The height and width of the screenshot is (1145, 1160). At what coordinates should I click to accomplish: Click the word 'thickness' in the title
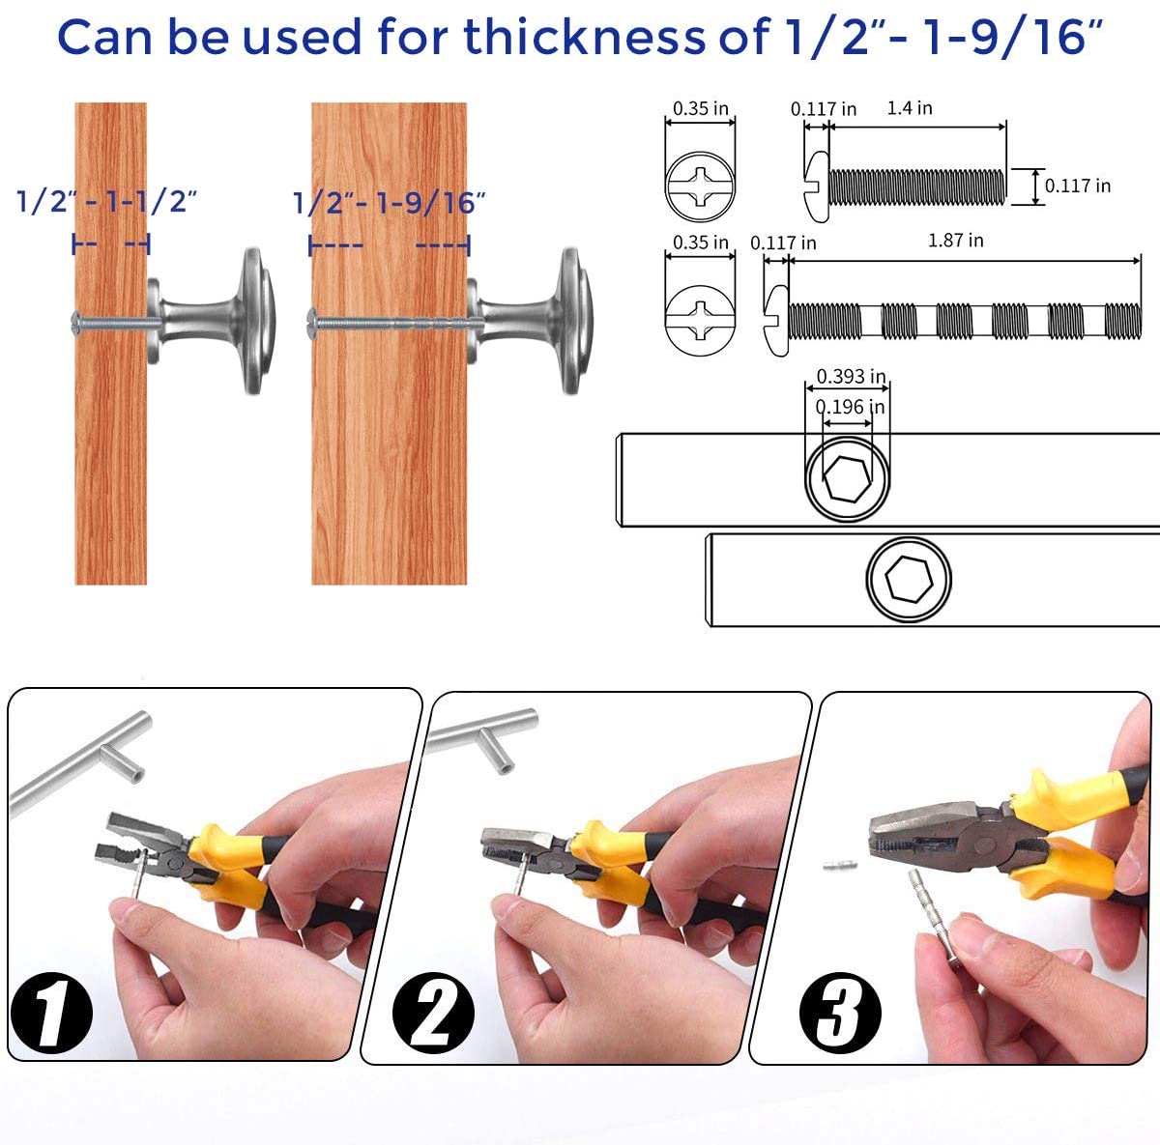[584, 38]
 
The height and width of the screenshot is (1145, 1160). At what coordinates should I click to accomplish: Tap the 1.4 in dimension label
[910, 108]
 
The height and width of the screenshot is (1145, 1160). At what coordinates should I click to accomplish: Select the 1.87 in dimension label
[955, 241]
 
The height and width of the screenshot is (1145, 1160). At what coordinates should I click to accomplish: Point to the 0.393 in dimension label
[851, 376]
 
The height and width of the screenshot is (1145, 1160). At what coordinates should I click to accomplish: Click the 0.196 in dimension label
[850, 407]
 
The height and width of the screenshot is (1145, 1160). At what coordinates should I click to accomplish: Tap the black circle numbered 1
[52, 1013]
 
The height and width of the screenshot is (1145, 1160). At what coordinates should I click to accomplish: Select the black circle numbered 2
[433, 1013]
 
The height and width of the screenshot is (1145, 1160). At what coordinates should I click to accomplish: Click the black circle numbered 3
[840, 1013]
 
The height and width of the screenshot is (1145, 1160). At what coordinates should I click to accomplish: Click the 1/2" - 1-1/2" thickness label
[106, 202]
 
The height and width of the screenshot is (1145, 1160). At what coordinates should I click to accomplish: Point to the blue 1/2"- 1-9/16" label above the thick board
[389, 203]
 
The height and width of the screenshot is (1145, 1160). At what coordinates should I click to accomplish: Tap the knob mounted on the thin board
[211, 321]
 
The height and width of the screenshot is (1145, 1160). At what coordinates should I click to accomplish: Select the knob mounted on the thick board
[530, 321]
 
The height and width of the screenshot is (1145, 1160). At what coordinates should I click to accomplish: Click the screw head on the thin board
[76, 322]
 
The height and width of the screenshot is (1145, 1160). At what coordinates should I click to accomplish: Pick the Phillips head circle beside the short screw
[700, 186]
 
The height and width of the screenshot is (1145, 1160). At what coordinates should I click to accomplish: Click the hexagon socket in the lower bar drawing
[909, 579]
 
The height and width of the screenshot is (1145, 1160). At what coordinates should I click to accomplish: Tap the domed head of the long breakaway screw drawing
[777, 321]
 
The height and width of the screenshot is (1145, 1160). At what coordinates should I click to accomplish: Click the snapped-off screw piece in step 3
[840, 866]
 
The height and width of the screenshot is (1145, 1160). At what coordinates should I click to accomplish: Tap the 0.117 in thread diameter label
[1078, 186]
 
